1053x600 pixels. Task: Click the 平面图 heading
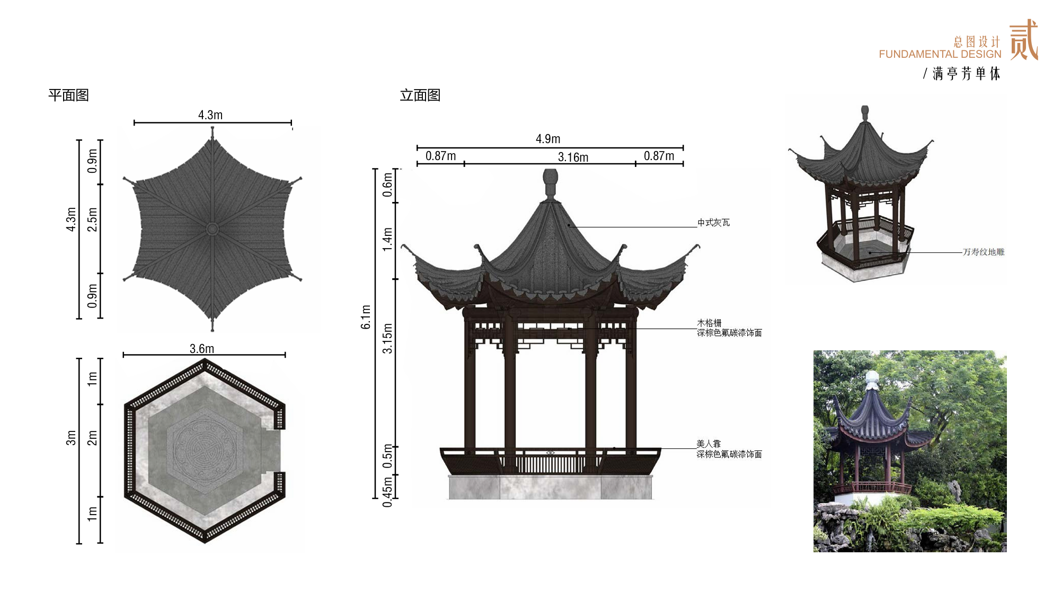coord(68,95)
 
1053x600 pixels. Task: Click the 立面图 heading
coord(420,95)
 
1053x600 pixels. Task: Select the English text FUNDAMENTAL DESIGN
coord(940,54)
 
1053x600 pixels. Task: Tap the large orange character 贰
coord(1023,40)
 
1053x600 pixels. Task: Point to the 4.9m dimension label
coord(548,139)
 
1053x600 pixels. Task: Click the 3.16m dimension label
coord(573,157)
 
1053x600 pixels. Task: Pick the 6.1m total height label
coord(366,317)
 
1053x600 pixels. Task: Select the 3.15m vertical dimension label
coord(388,338)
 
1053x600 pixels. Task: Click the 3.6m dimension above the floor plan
coord(202,349)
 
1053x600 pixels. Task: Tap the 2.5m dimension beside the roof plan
coord(92,219)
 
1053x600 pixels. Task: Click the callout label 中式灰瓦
coord(713,223)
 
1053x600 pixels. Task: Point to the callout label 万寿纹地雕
coord(984,252)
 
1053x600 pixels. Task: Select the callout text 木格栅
coord(709,323)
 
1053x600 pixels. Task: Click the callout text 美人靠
coord(709,444)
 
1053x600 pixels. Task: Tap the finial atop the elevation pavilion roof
coord(551,184)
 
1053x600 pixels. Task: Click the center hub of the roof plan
coord(213,229)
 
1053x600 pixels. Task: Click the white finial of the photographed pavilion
coord(872,380)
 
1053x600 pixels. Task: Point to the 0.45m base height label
coord(388,492)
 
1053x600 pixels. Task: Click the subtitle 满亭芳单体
coord(967,74)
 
